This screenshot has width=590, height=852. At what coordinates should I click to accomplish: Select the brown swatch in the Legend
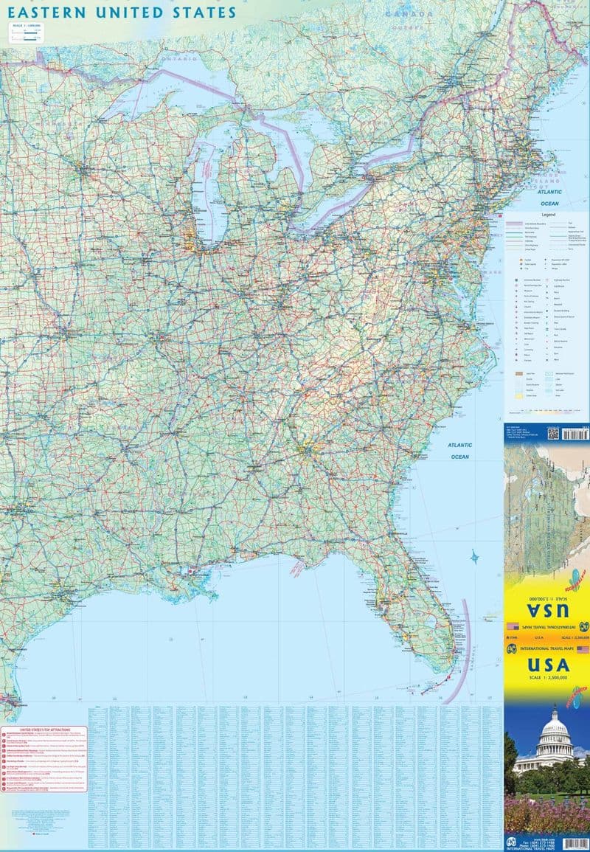tap(518, 375)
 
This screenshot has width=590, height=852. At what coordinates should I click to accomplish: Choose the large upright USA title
tap(546, 665)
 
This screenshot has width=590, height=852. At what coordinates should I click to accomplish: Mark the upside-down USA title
tap(546, 611)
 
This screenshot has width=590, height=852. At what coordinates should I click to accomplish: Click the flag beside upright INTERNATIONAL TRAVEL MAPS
tap(583, 649)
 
